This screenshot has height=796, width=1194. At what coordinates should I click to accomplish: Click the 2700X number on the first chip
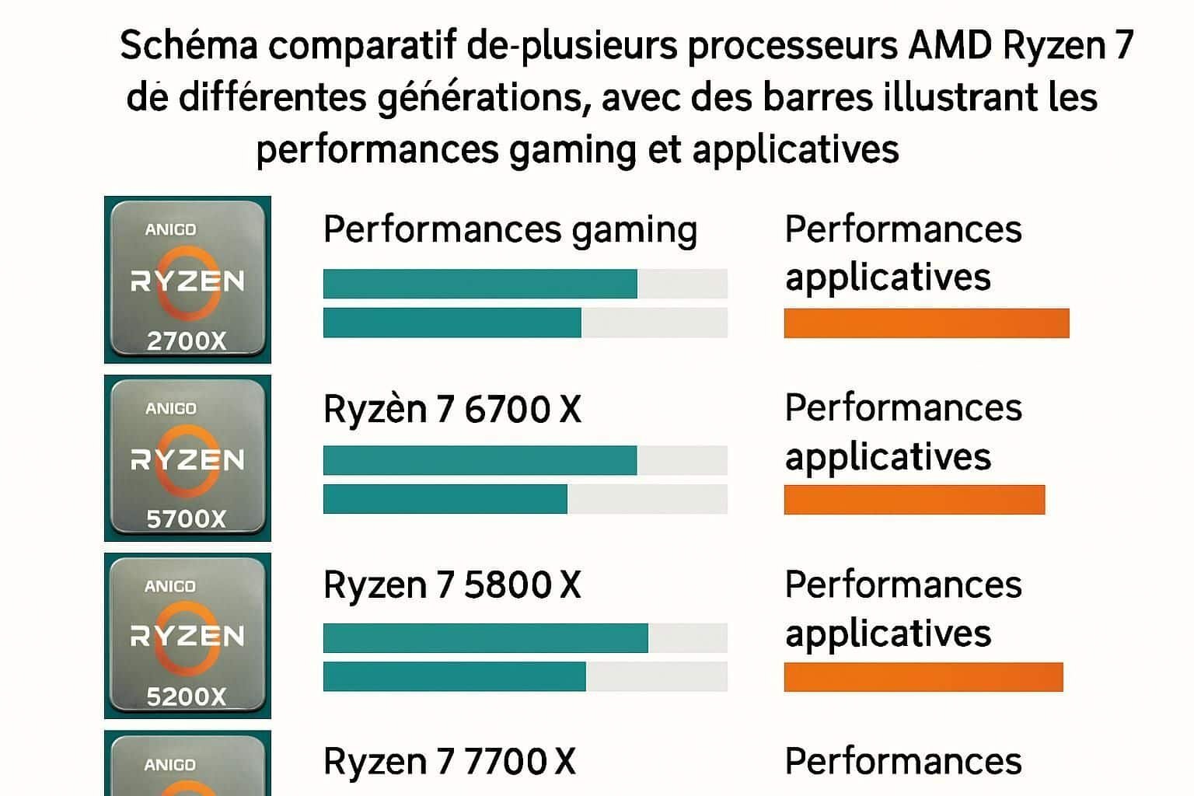187,340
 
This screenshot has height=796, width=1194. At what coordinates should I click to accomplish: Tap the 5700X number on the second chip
187,518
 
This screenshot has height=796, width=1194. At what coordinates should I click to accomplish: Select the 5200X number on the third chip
187,696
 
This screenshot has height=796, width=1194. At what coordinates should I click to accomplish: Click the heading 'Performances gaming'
510,230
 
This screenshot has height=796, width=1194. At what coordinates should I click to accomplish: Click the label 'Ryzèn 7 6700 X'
452,409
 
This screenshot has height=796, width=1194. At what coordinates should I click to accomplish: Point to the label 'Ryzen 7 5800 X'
452,585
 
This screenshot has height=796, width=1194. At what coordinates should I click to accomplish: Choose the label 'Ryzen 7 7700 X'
449,762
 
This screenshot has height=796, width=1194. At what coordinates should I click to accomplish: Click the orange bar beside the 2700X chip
926,323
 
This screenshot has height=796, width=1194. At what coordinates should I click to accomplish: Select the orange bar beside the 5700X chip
914,500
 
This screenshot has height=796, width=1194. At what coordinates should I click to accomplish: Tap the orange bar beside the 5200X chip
923,677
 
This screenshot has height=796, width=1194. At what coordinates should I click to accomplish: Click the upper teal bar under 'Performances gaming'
480,284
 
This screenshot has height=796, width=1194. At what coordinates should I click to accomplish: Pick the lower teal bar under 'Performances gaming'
452,323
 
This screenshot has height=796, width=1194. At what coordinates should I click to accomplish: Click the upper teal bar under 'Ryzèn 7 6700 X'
480,460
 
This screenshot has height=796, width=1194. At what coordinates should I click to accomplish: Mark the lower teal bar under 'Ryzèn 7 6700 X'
445,499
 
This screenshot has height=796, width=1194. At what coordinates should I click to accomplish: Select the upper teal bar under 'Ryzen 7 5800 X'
485,638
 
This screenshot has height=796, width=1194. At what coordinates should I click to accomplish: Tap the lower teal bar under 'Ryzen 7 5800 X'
454,676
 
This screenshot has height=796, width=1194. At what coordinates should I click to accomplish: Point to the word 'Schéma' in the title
188,47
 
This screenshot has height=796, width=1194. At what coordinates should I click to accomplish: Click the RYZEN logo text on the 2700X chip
187,281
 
